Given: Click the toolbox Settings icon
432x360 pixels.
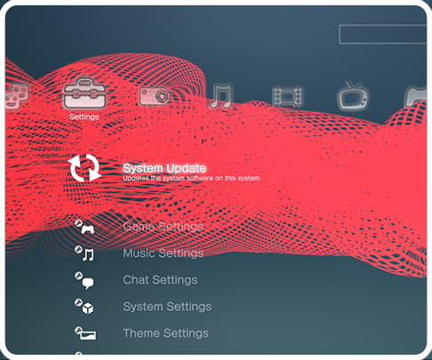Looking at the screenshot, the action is [x=84, y=93].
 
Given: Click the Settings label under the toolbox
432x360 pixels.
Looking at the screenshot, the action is [x=84, y=116].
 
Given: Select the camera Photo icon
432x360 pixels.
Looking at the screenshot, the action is [x=155, y=96].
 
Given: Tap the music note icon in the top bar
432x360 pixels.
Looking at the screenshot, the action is [x=221, y=95].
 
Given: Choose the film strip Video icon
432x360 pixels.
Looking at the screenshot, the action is [x=287, y=96].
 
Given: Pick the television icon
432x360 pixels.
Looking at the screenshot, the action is [x=353, y=94].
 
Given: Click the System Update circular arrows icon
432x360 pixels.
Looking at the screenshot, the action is [x=84, y=168].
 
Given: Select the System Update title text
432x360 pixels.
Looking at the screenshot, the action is [x=164, y=168].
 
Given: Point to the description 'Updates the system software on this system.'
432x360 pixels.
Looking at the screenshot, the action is [x=192, y=178].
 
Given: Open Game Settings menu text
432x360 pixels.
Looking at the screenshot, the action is [x=164, y=227].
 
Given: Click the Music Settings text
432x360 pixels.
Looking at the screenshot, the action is [x=164, y=253].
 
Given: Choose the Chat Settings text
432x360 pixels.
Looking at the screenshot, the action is [x=160, y=280].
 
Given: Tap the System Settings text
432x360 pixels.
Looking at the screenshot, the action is [x=167, y=307].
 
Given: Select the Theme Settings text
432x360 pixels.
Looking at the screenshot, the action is [x=165, y=333].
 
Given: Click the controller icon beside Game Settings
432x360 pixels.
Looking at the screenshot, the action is [x=84, y=227].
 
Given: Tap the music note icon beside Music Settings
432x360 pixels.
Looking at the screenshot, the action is [x=84, y=253].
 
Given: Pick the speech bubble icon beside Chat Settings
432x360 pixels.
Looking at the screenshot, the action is [x=84, y=280].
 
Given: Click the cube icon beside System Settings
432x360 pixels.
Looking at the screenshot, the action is [x=84, y=307].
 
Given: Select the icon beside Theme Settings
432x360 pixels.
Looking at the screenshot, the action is [x=85, y=333].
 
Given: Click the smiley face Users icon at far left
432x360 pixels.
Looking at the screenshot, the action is [x=17, y=95].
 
